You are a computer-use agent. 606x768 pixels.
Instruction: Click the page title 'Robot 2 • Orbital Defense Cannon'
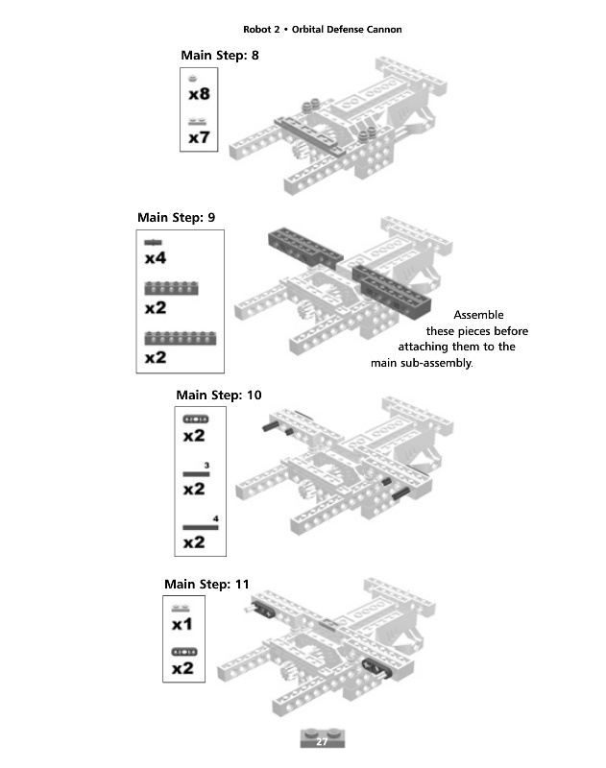click(x=323, y=30)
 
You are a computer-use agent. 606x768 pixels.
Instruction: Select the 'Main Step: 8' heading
click(x=220, y=56)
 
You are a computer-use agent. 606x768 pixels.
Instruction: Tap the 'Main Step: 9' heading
click(x=176, y=218)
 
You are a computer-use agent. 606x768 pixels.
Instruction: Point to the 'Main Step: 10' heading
click(x=219, y=396)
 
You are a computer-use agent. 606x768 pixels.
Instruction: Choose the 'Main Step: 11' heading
click(x=206, y=585)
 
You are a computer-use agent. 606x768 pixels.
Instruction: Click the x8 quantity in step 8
click(x=199, y=93)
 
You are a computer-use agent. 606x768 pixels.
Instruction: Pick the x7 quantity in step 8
click(x=199, y=137)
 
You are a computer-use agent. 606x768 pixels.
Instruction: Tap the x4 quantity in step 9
click(x=156, y=258)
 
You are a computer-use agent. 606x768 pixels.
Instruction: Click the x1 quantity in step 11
click(x=182, y=625)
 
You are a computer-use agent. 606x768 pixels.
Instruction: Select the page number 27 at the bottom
click(x=322, y=741)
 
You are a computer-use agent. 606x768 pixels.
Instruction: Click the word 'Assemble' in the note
click(x=478, y=315)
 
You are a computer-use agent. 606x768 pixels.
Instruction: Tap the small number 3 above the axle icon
click(x=206, y=466)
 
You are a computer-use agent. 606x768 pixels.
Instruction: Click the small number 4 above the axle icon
click(x=215, y=518)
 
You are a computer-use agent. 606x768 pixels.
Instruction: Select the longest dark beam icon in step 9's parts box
click(x=180, y=338)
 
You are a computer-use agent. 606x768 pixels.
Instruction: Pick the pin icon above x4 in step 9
click(x=153, y=242)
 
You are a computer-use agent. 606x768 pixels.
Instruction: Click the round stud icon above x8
click(x=192, y=79)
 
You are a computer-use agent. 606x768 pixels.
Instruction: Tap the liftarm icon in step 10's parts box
click(x=196, y=420)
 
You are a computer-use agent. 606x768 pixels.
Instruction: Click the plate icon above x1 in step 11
click(x=181, y=609)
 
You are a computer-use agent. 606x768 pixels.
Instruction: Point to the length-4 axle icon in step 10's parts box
click(x=201, y=527)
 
